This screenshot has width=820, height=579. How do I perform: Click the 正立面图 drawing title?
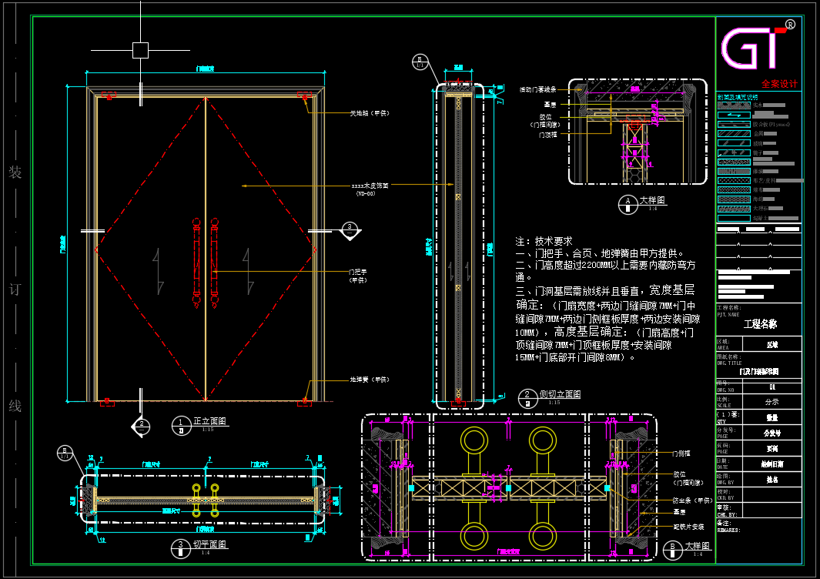click(x=209, y=421)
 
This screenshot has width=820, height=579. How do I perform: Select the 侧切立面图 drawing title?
click(x=560, y=394)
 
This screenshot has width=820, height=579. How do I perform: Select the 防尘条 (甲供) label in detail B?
click(x=689, y=499)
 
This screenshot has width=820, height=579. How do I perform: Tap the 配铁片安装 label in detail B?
click(x=688, y=527)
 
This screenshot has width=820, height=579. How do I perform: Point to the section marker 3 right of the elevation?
click(x=350, y=228)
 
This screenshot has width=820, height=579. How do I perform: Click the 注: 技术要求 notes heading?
click(x=544, y=241)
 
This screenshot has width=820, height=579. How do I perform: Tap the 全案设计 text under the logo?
click(x=779, y=83)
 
